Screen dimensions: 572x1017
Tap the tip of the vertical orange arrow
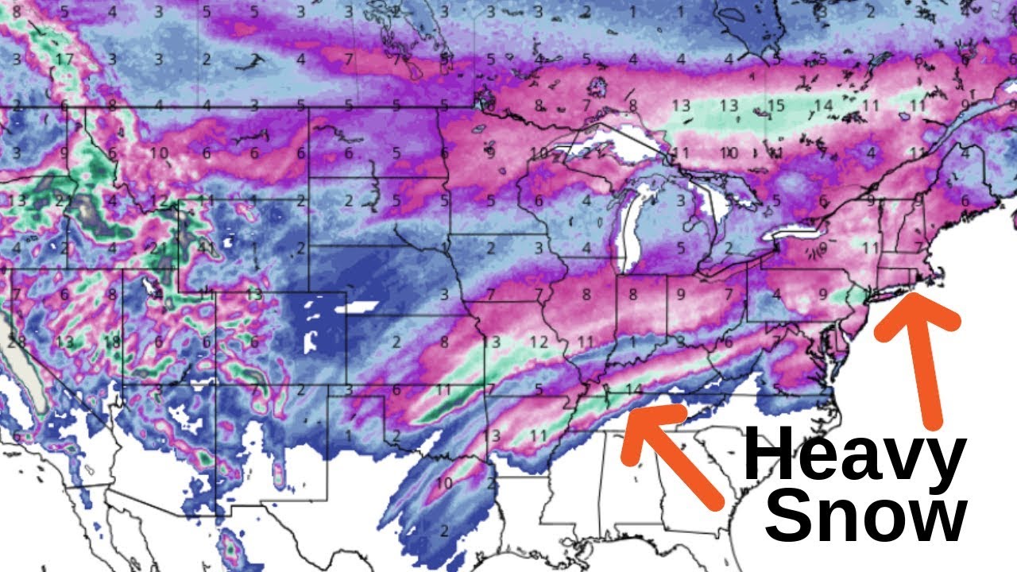(914, 298)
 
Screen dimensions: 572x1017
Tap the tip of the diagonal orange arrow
(628, 413)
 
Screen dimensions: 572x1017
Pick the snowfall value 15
(775, 105)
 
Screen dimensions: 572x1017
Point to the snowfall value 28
(16, 342)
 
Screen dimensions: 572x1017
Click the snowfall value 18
(111, 342)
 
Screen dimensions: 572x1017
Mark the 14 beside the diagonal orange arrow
(632, 389)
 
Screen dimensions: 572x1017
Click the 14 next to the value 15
(822, 105)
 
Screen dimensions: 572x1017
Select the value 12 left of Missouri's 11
(539, 342)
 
